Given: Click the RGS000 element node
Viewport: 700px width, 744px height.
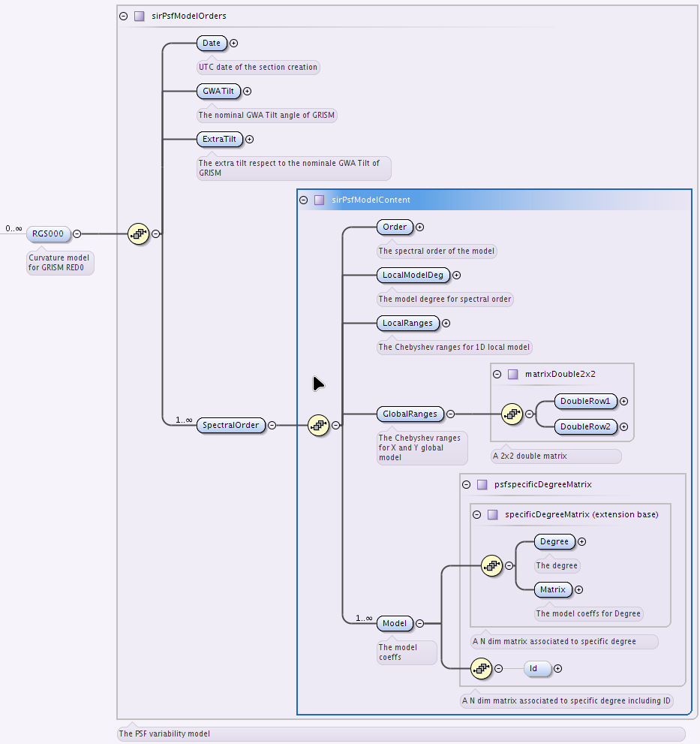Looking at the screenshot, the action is (48, 234).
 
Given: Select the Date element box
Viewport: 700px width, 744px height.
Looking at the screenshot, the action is (212, 44).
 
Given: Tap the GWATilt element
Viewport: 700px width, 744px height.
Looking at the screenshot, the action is (218, 91).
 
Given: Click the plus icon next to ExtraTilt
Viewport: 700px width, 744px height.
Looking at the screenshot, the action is (249, 139).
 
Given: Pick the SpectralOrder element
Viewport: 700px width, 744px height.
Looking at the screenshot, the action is (231, 425).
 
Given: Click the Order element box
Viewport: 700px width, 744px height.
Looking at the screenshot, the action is (395, 227).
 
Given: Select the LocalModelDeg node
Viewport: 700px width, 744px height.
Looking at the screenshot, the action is (413, 276).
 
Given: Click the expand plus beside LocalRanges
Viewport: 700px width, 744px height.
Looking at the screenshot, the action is (446, 323).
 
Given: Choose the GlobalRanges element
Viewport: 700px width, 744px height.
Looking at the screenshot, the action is (410, 414).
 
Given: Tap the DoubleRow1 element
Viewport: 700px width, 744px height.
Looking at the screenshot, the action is (586, 401).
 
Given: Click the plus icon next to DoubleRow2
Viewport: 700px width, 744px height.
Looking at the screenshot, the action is (624, 426).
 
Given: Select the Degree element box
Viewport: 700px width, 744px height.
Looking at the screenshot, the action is (554, 541).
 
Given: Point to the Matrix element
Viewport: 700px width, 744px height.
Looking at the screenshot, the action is (553, 590).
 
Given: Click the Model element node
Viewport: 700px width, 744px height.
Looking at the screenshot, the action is (395, 623).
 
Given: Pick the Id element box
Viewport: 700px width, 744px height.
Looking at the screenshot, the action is (537, 669).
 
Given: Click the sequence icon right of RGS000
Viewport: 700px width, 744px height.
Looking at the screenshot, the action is (139, 234).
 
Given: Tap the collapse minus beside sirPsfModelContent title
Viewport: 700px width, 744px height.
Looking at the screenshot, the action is (304, 200).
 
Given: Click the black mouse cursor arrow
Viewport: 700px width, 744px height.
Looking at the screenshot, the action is (318, 384).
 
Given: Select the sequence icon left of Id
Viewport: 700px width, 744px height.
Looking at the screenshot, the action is (482, 669).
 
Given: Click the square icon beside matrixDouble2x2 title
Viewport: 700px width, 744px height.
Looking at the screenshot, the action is (512, 375).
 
